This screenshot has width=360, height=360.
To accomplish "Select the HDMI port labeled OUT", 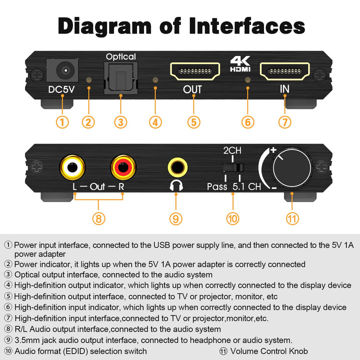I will (x=195, y=72).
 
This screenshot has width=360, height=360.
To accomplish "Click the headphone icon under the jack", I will (x=175, y=186).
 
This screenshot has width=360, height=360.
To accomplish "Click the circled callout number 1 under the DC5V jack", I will (x=62, y=121).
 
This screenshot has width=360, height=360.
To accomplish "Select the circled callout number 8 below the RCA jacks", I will (x=98, y=218).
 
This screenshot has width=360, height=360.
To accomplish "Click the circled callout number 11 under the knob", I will (x=292, y=218).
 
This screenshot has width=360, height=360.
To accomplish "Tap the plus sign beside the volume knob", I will (x=273, y=150).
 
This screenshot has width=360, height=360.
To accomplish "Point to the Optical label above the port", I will (x=120, y=56).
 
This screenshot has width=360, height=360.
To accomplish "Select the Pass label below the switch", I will (x=217, y=186).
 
